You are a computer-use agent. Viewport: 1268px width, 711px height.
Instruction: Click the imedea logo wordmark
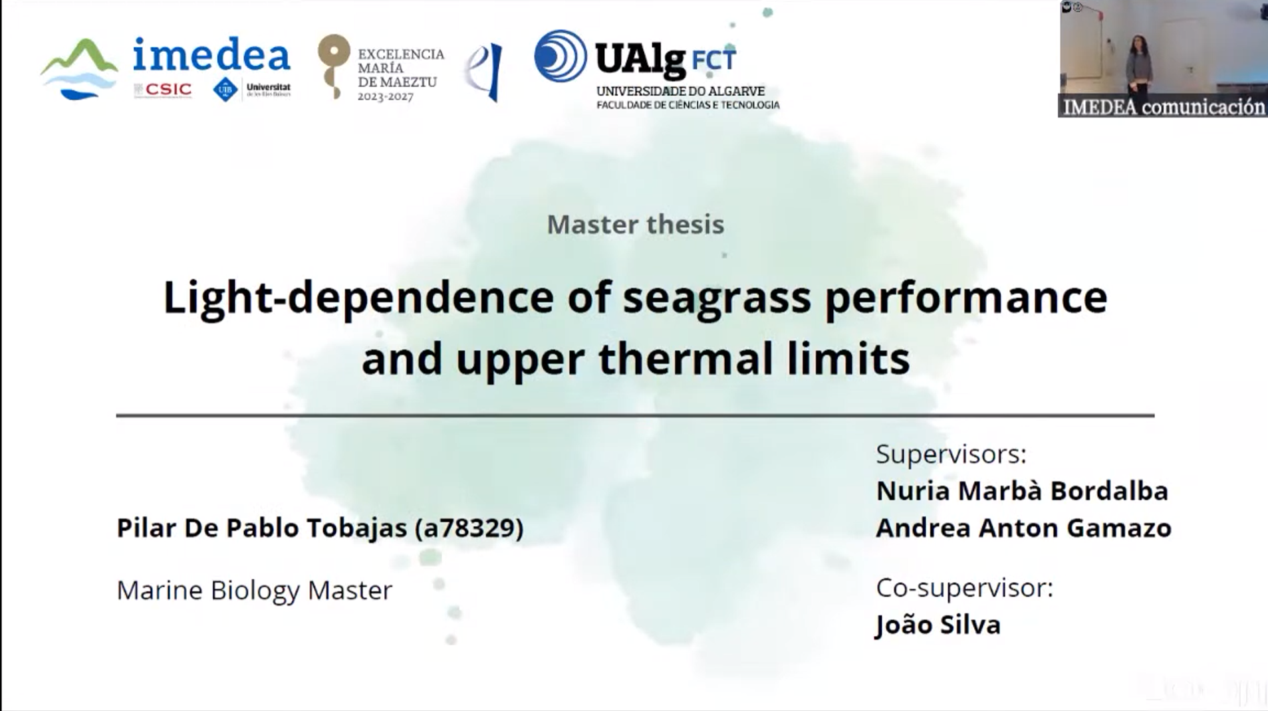[x=211, y=56]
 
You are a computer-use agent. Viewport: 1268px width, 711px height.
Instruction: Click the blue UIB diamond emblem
[x=225, y=90]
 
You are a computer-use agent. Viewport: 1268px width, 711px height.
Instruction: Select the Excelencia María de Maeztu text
[x=400, y=74]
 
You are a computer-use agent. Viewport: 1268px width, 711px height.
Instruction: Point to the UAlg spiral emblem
[x=560, y=56]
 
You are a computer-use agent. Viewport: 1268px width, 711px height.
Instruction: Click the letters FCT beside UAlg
[x=713, y=60]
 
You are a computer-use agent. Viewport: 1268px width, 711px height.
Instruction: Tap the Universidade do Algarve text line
[x=680, y=91]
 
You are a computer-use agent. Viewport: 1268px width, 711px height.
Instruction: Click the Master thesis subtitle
[x=635, y=225]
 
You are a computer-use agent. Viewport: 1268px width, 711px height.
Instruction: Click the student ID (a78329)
[x=469, y=528]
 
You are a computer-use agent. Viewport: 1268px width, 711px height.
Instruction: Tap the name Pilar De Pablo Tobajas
[x=261, y=528]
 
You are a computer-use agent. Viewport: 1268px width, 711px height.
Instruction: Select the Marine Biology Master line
[x=254, y=590]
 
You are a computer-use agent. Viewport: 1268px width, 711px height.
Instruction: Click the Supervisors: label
[x=951, y=455]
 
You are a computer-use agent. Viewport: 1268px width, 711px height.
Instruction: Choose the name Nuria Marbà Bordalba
[x=1022, y=491]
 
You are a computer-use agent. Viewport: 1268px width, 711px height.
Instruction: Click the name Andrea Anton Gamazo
[x=1023, y=528]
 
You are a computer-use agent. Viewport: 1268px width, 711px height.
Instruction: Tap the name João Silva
[x=938, y=625]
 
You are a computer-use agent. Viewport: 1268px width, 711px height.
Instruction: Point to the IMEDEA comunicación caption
[x=1164, y=107]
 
